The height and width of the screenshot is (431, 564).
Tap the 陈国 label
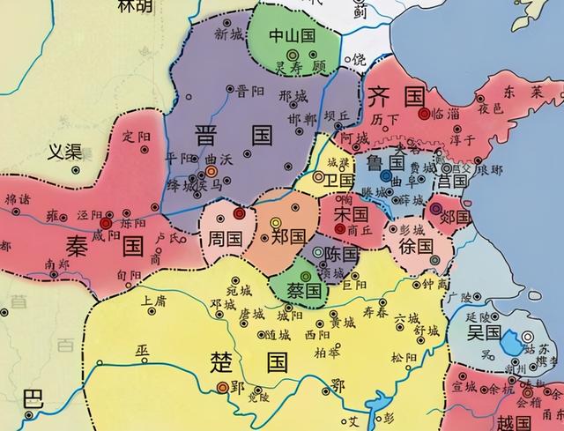click(339, 254)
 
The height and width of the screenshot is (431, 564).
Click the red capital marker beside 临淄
click(425, 113)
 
